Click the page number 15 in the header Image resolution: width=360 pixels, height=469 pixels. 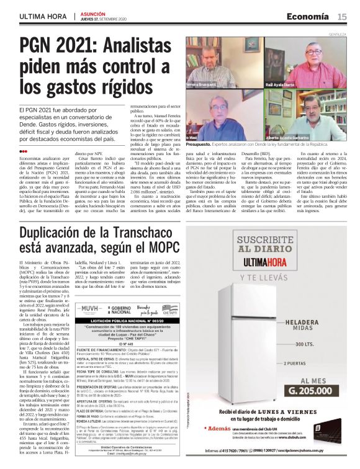click(x=342, y=16)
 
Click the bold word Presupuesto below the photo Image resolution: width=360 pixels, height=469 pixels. click(x=201, y=144)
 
